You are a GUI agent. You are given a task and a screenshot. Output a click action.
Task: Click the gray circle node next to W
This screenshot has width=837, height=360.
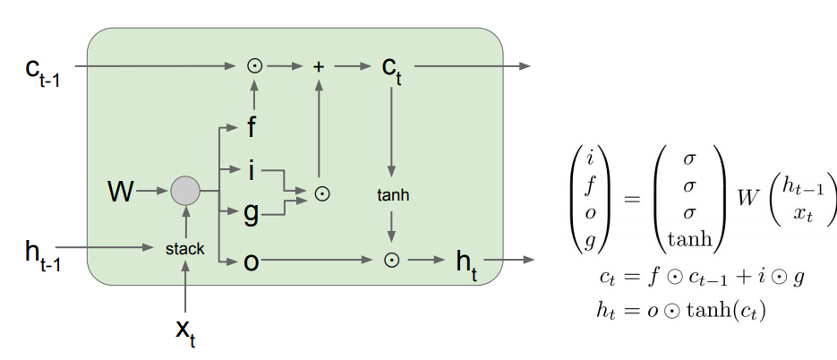point(185,191)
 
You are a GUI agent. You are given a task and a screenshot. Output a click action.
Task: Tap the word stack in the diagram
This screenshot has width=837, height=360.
point(184,249)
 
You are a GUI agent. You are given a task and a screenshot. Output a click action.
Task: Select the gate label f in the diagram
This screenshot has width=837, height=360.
point(252,128)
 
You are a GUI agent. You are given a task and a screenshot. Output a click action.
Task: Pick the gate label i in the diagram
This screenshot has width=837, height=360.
point(252,169)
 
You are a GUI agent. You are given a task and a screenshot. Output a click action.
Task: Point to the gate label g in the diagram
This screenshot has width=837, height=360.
point(252,213)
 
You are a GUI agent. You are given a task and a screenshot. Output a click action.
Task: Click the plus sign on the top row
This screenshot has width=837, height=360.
point(318,65)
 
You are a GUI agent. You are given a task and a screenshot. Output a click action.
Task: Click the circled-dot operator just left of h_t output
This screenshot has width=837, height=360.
point(390,260)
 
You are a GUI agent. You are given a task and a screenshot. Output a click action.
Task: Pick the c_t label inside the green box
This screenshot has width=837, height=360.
point(390,69)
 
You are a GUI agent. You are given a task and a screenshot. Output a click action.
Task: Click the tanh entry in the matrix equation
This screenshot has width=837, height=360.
point(689,237)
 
